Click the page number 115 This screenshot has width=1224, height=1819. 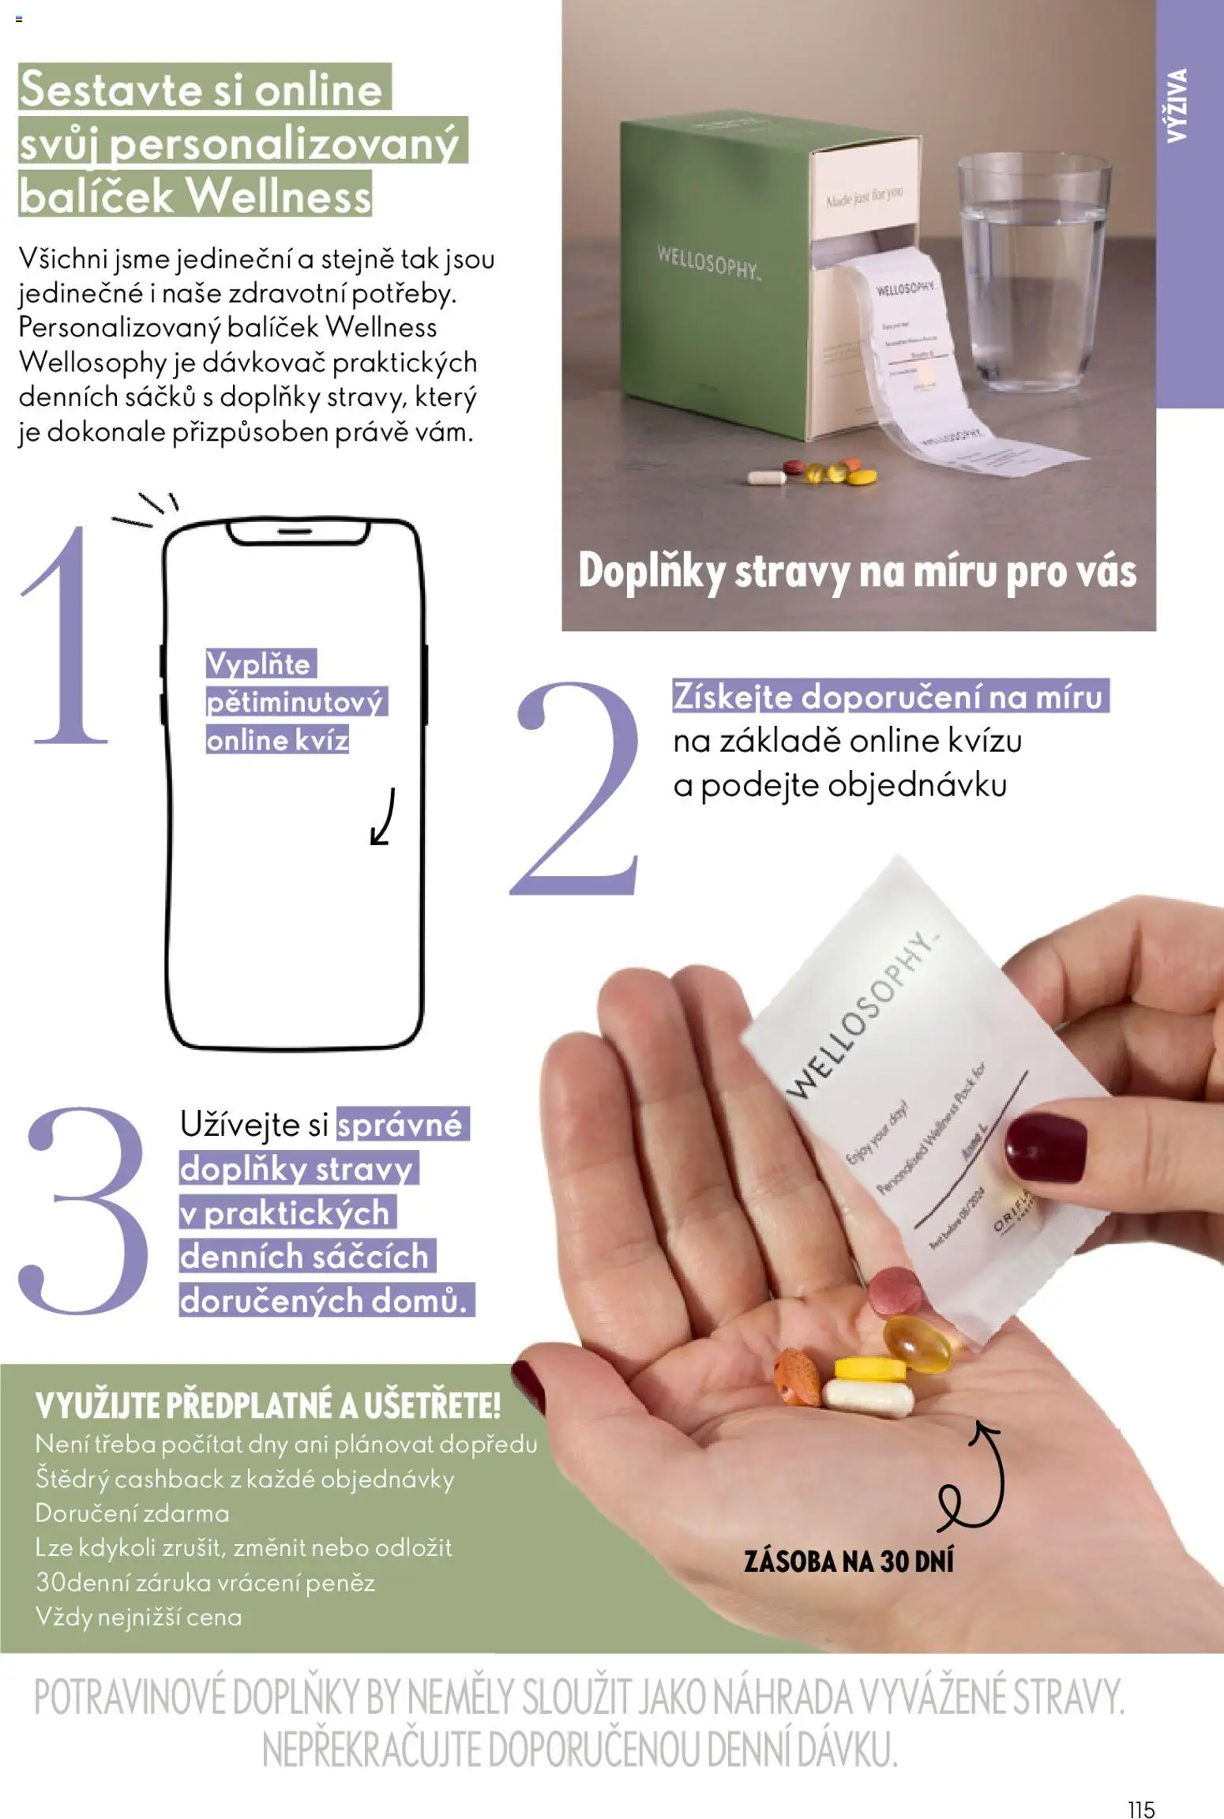tap(1141, 1787)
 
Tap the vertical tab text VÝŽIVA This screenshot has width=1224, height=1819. tap(1177, 105)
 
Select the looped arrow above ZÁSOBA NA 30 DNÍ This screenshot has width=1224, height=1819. tap(975, 1477)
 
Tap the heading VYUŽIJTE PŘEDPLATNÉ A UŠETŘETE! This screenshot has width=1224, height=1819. tap(268, 1406)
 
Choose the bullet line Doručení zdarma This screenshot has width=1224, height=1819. tap(133, 1513)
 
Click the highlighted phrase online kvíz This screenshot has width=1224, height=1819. tap(277, 740)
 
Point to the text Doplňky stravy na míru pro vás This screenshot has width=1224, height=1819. tap(857, 570)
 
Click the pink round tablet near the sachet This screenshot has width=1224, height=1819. tap(895, 1291)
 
